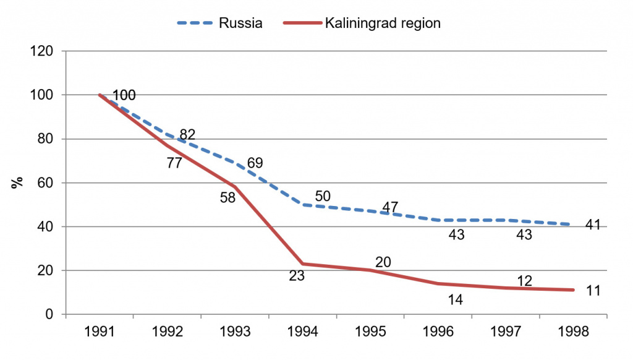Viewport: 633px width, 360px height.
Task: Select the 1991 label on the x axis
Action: click(x=99, y=332)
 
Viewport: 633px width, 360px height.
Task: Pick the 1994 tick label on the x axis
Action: click(x=302, y=332)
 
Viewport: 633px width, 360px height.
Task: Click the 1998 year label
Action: click(x=574, y=332)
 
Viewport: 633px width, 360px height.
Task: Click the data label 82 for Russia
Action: click(x=187, y=135)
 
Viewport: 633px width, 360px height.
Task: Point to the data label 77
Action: click(x=175, y=164)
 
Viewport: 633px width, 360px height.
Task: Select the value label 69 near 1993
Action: click(x=255, y=163)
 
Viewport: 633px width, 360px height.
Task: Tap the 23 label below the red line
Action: click(x=297, y=276)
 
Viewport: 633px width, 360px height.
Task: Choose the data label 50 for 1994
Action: click(x=323, y=196)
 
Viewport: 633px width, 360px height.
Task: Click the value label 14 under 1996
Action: click(x=456, y=299)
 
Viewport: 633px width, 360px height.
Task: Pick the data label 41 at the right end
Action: click(x=593, y=224)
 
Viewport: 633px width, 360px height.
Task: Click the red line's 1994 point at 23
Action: click(x=302, y=264)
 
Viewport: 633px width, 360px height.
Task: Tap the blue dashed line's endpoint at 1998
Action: click(x=574, y=225)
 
